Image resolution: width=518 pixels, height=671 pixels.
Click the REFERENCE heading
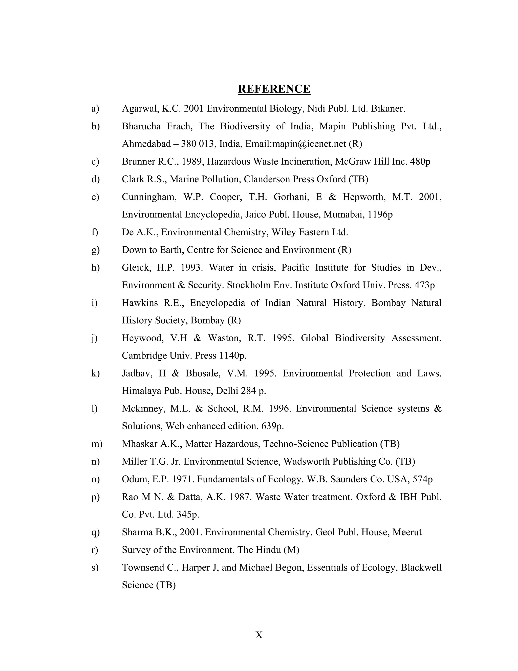coord(274,89)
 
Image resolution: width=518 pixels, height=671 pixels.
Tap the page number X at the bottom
coord(259,635)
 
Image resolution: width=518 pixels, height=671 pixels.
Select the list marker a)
coord(95,108)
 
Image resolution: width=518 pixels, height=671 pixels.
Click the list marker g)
coord(95,250)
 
